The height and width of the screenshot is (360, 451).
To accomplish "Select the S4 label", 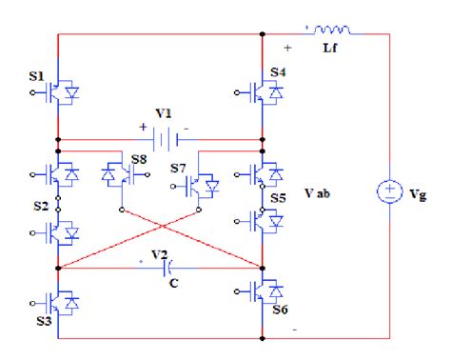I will [279, 72].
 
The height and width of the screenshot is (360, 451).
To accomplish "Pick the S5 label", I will [279, 198].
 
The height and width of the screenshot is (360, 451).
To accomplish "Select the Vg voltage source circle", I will [390, 192].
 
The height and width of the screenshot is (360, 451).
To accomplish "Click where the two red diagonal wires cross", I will [162, 228].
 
